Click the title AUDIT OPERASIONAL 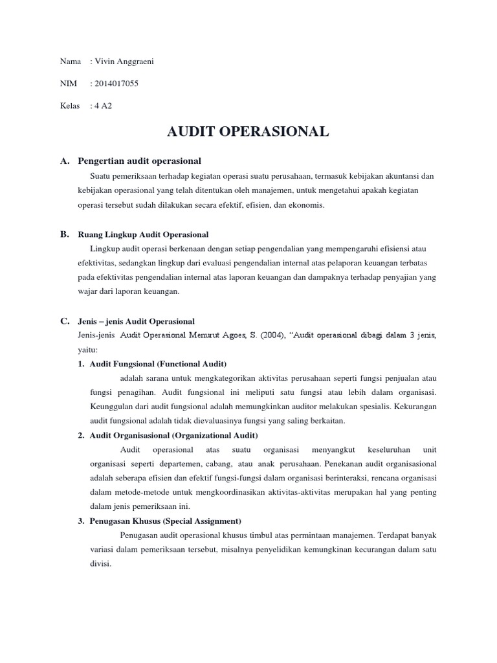[x=248, y=132]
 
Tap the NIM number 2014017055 [x=117, y=84]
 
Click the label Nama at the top [x=70, y=62]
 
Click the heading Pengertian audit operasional [x=139, y=161]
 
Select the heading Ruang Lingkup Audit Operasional [x=143, y=234]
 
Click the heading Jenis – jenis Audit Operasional [x=136, y=321]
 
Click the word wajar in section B [x=86, y=291]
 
